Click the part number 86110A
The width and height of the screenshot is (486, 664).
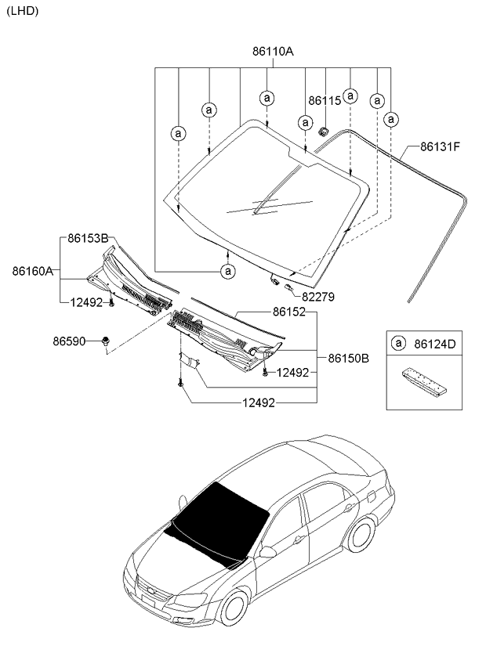click(272, 52)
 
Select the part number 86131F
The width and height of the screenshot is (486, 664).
click(440, 146)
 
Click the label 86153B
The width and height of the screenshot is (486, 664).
click(87, 237)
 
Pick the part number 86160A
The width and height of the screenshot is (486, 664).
click(32, 271)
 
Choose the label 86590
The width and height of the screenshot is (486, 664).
click(70, 341)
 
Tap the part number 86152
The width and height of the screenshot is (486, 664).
click(289, 312)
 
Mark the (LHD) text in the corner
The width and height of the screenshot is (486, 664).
click(21, 11)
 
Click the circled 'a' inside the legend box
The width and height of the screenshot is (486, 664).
click(398, 343)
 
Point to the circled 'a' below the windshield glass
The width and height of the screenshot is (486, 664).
click(227, 271)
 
